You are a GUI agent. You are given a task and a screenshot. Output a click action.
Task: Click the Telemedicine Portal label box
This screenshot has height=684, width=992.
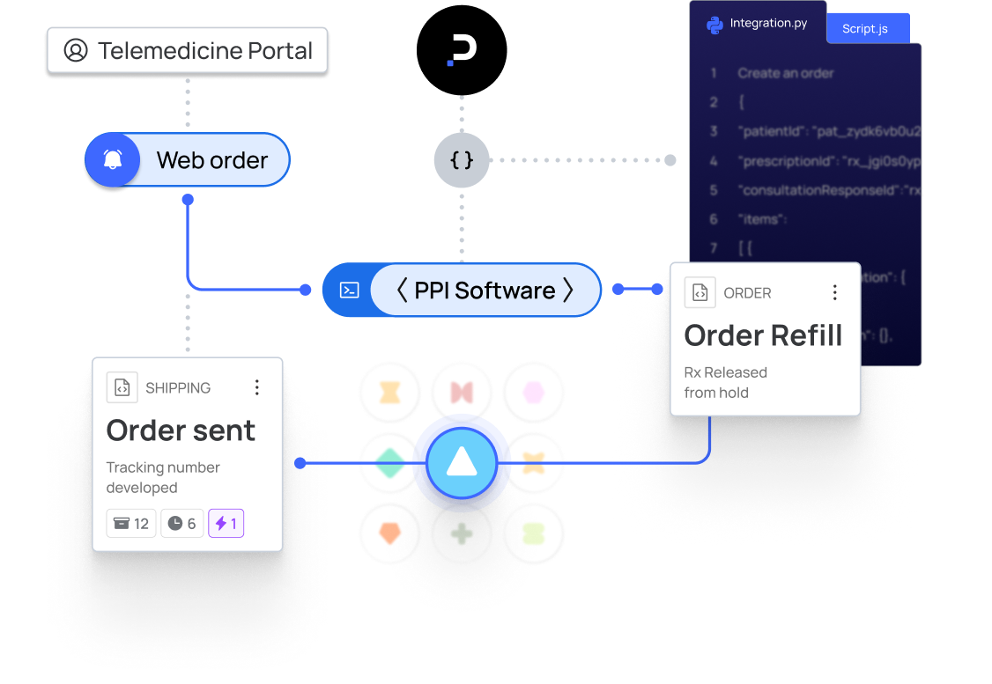click(x=187, y=50)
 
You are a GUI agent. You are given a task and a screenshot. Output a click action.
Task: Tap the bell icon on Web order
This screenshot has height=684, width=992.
click(x=113, y=160)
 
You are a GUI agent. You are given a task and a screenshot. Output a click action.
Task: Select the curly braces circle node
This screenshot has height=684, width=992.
click(x=461, y=160)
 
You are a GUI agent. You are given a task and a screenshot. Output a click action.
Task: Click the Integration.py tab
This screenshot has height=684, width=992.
click(x=759, y=24)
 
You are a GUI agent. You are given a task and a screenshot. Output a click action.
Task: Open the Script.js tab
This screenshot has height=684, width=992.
click(x=865, y=29)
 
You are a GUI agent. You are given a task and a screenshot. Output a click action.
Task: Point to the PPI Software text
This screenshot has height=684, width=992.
click(x=485, y=291)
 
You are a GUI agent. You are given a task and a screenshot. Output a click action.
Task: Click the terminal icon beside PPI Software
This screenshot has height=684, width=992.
click(x=349, y=290)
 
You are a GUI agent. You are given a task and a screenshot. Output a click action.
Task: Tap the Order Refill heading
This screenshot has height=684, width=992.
click(x=763, y=335)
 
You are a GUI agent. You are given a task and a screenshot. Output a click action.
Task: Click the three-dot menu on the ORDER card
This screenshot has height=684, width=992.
click(x=834, y=293)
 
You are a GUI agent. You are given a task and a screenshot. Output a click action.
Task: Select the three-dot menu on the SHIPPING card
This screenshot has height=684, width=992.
click(x=256, y=387)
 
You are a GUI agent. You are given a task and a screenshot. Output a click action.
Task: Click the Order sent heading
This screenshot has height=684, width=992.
click(x=181, y=430)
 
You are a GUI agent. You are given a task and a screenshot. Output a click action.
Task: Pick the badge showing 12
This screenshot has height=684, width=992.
click(x=131, y=524)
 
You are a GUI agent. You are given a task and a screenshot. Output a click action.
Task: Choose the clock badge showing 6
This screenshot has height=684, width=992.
click(x=182, y=524)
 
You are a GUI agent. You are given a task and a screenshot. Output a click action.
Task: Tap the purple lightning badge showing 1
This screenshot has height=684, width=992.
click(x=226, y=524)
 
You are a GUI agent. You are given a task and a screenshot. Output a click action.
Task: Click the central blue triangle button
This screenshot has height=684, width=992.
click(x=462, y=462)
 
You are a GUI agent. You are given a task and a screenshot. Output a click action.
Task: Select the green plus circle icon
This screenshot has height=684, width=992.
click(x=462, y=533)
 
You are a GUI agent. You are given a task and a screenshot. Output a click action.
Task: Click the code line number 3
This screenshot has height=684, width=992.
click(x=714, y=131)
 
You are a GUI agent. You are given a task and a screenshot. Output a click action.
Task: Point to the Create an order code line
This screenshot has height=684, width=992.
click(x=786, y=73)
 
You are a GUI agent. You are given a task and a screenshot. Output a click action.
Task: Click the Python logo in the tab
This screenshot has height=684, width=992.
click(x=715, y=25)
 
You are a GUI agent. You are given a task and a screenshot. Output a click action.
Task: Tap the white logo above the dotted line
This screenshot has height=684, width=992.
click(x=462, y=50)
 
